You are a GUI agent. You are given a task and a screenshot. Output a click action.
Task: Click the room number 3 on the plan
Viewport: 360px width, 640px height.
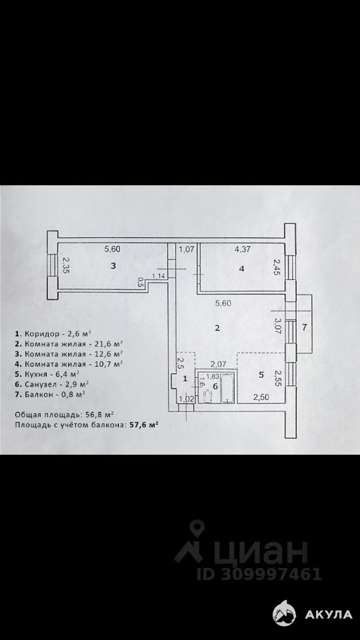click(x=113, y=266)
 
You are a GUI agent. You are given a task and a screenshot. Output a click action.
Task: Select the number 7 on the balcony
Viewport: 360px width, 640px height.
click(x=304, y=327)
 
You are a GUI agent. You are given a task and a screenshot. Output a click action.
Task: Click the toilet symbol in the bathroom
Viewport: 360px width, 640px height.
click(x=208, y=395)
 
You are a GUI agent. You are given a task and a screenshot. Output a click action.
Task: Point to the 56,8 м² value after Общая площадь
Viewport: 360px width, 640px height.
click(x=99, y=414)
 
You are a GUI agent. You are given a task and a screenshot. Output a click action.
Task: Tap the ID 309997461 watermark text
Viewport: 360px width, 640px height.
click(x=259, y=574)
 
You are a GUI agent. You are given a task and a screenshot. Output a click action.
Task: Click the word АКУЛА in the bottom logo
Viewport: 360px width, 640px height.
click(x=329, y=614)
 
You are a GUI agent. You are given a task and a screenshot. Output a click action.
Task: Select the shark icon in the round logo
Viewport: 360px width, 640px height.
click(x=285, y=613)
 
